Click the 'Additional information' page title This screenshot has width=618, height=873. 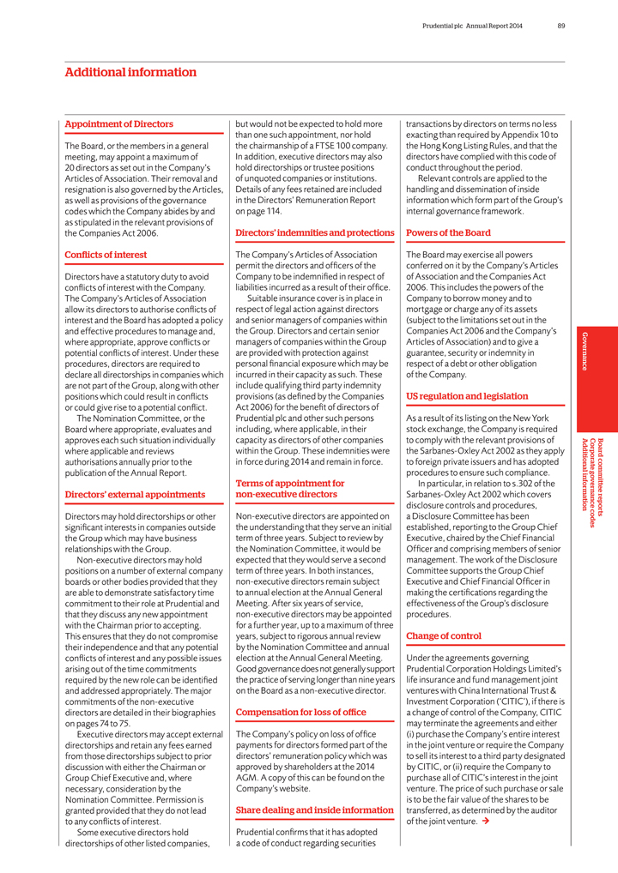tap(130, 73)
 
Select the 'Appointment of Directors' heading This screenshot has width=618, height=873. tap(118, 124)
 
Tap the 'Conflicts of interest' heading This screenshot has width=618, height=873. tap(106, 255)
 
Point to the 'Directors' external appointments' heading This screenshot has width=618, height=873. tap(135, 495)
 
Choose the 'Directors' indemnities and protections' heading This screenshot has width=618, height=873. tap(314, 232)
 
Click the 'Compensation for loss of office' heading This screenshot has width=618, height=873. tap(300, 713)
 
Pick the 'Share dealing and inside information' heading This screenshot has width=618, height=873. tap(314, 810)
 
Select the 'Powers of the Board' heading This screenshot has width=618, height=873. tap(448, 232)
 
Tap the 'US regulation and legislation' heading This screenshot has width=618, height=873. tap(467, 396)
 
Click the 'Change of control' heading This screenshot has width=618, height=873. tap(443, 636)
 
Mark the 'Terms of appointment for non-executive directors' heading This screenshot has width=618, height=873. tap(290, 489)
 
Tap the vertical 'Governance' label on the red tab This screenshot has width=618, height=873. tap(585, 351)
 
